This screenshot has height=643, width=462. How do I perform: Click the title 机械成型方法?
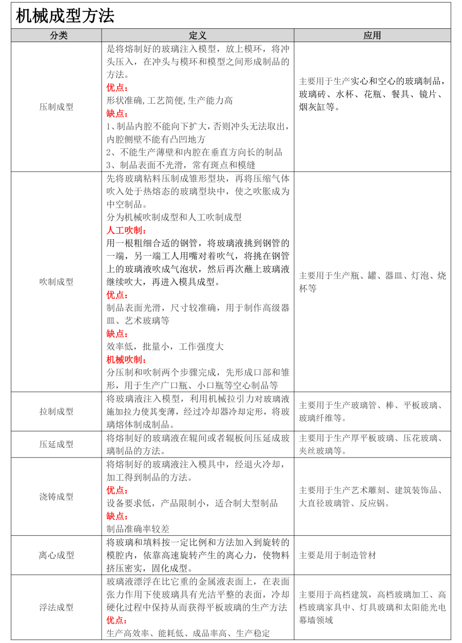[x=65, y=16]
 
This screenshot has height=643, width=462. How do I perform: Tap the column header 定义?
[x=198, y=35]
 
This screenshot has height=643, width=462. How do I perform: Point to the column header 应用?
[x=372, y=35]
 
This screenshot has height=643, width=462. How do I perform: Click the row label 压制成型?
[x=56, y=107]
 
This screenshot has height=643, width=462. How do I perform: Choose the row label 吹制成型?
[x=56, y=281]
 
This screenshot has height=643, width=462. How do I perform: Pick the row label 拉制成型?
[x=56, y=411]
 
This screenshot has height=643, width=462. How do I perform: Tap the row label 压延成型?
[x=56, y=444]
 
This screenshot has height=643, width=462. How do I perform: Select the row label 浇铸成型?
[x=56, y=497]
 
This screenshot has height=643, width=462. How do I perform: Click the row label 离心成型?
[x=56, y=555]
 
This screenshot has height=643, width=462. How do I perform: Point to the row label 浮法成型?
[x=56, y=607]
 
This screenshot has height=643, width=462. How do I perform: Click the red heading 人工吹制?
[x=126, y=230]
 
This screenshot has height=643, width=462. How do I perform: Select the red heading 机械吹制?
[x=126, y=360]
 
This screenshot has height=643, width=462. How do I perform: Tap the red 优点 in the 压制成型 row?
[x=118, y=87]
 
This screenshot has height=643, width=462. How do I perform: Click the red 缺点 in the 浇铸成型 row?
[x=118, y=516]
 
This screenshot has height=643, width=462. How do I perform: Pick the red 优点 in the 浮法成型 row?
[x=118, y=620]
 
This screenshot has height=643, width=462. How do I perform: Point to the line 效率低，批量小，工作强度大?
[x=165, y=347]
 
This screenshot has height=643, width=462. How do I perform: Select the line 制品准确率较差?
[x=138, y=528]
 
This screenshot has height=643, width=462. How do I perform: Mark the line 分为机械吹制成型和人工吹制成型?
[x=174, y=217]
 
